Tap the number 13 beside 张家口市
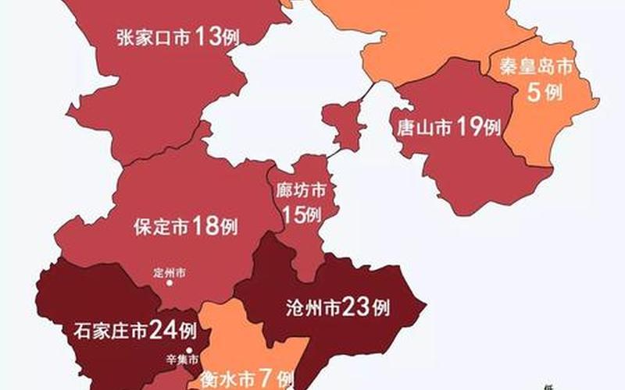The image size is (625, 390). (x=209, y=36)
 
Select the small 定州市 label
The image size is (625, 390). (x=170, y=273)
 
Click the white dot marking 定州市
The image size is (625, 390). (x=169, y=284)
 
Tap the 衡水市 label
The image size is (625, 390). (x=227, y=380)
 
